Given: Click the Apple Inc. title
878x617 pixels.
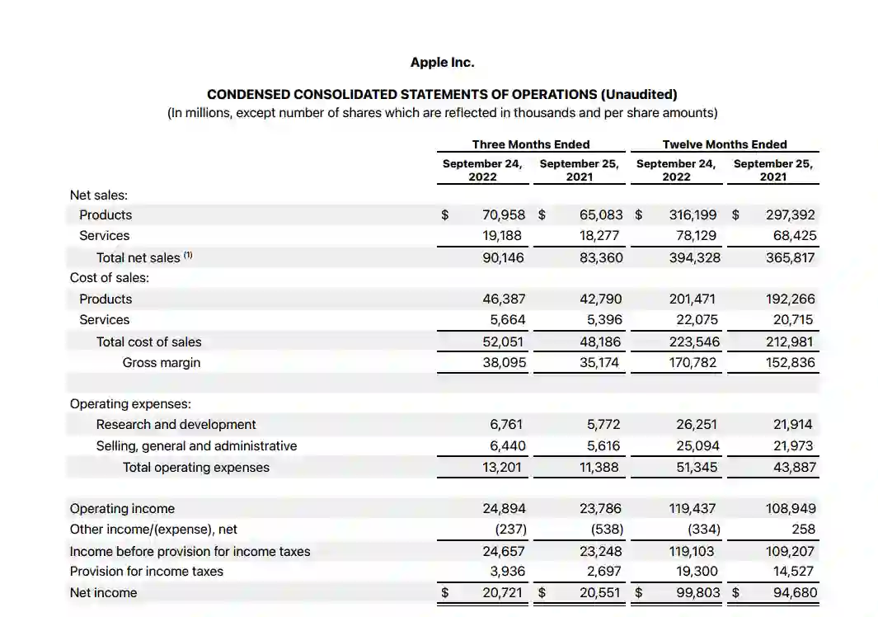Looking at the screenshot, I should click(x=442, y=63).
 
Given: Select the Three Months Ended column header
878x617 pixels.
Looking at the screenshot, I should click(x=530, y=144).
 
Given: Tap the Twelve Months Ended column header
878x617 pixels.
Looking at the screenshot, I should click(x=724, y=144).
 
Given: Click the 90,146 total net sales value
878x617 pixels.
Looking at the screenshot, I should click(x=503, y=257).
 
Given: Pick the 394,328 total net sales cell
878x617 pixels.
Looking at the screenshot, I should click(x=694, y=257).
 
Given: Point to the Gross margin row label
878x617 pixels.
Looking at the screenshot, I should click(x=161, y=362).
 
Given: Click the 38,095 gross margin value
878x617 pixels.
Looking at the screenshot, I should click(x=504, y=362).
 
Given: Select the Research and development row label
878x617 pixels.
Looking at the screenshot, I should click(x=176, y=425).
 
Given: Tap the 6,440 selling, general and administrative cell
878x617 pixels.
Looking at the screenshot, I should click(x=507, y=446).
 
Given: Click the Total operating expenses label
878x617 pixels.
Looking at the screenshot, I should click(x=195, y=468).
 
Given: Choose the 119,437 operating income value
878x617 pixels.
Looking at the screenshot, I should click(x=694, y=509).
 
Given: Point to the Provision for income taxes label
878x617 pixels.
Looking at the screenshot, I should click(x=146, y=572).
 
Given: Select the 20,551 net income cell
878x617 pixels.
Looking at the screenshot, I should click(x=601, y=593).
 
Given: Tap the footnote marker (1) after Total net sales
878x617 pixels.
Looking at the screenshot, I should click(x=188, y=256).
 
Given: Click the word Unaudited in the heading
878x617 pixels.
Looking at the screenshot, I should click(x=639, y=95).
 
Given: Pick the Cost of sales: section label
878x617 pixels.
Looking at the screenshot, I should click(x=110, y=278).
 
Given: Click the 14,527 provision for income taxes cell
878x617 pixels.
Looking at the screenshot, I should click(x=791, y=572).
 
